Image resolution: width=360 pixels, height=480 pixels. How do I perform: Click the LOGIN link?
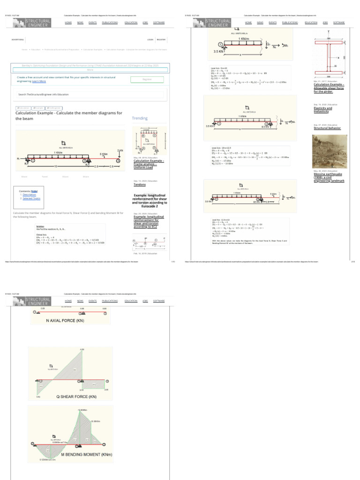[x=150, y=40]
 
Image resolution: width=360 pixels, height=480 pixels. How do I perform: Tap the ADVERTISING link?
[x=18, y=40]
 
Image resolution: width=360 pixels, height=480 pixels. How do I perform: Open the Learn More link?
[x=39, y=81]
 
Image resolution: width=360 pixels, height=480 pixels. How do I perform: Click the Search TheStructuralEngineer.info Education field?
[x=89, y=94]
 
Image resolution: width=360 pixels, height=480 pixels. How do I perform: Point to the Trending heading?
[x=140, y=118]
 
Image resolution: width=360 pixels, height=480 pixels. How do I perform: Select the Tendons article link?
[x=140, y=185]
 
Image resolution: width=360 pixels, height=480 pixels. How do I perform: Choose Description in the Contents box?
[x=29, y=195]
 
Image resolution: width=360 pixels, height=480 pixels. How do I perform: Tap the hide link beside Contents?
[x=34, y=191]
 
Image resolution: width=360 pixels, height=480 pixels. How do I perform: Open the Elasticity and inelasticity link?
[x=322, y=110]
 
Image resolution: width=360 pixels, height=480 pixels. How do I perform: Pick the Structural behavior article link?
[x=327, y=127]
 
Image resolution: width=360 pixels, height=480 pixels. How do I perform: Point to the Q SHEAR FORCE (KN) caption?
[x=76, y=396]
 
